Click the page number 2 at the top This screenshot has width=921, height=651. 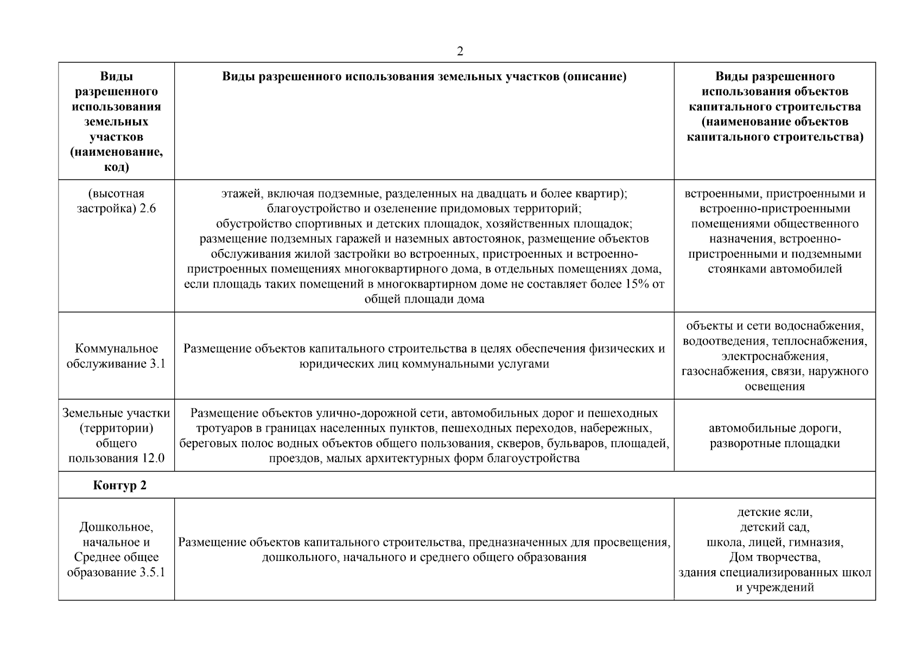(x=460, y=52)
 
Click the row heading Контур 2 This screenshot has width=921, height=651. (x=119, y=485)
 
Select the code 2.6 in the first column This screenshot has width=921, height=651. (x=148, y=208)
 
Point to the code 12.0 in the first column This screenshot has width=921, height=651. (x=153, y=458)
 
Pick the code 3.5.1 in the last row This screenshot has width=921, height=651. (x=151, y=572)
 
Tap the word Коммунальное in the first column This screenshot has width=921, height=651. (x=116, y=348)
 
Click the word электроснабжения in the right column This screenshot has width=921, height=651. (x=774, y=356)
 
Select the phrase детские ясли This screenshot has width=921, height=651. (x=774, y=512)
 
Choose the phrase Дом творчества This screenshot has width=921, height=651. (x=774, y=557)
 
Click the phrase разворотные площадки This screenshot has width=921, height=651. (x=774, y=443)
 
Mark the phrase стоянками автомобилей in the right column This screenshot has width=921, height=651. (x=774, y=269)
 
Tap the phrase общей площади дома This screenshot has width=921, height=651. (x=424, y=299)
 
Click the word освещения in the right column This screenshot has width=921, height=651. (x=774, y=386)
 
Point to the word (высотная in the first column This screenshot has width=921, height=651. (x=116, y=194)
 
